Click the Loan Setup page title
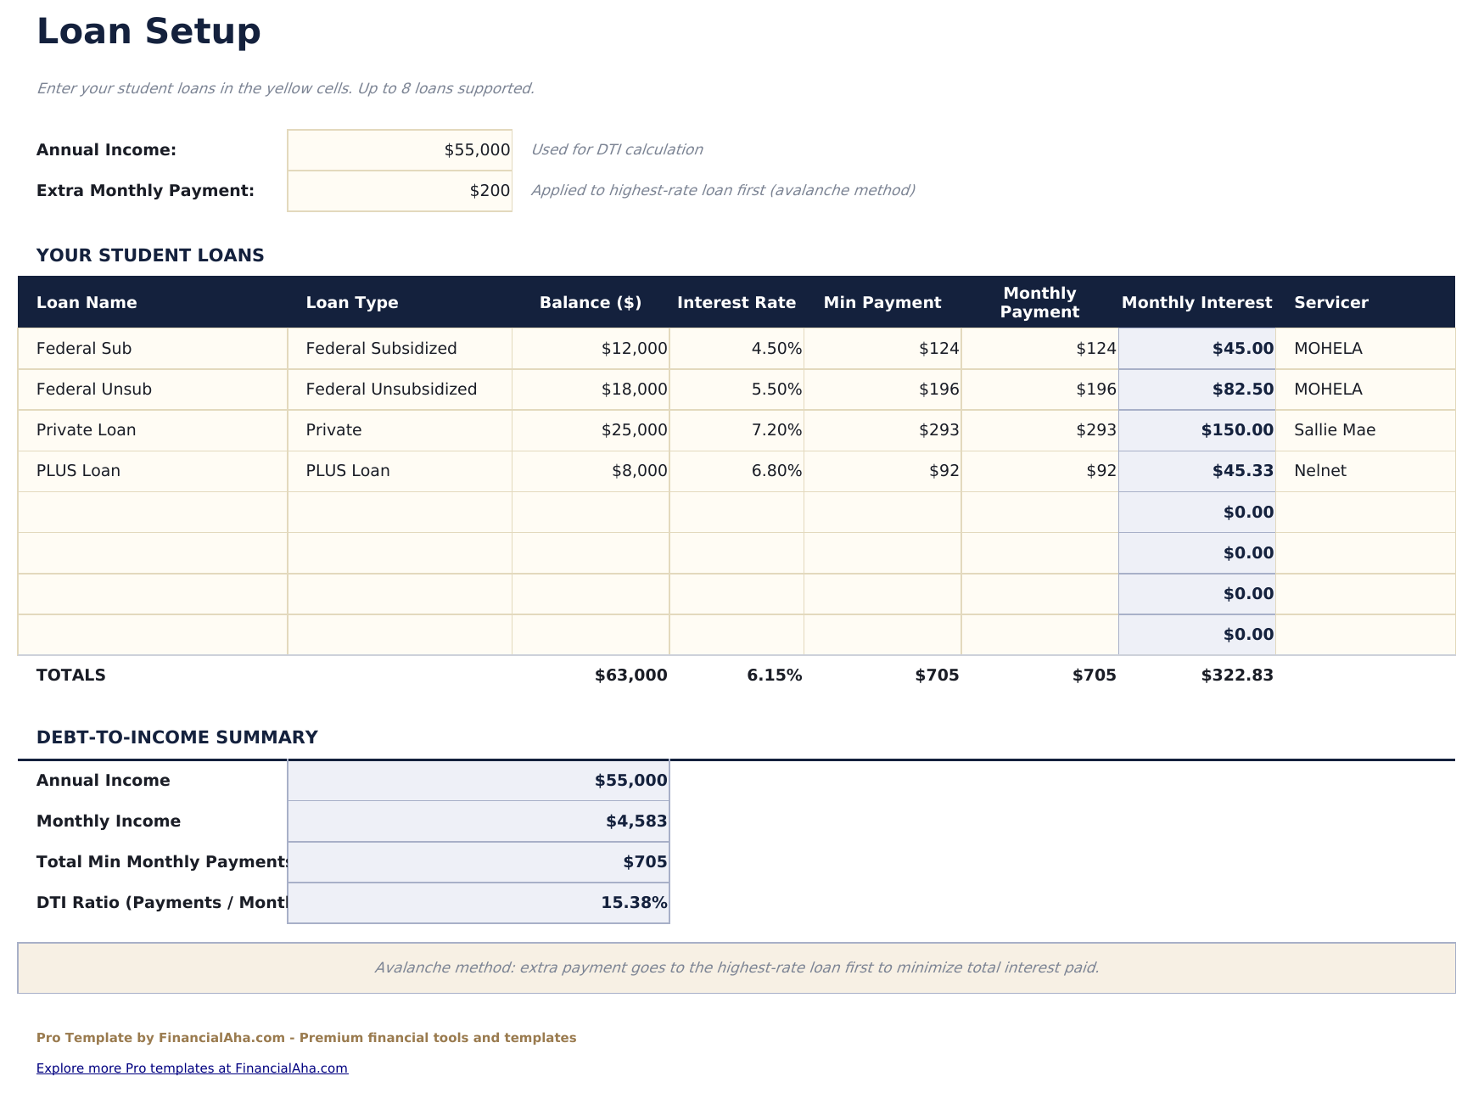(148, 32)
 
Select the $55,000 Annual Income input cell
(400, 150)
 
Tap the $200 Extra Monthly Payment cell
(400, 191)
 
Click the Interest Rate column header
(736, 303)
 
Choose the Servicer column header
(1330, 303)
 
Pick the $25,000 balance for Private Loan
(634, 430)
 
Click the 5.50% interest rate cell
(776, 390)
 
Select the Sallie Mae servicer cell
(1334, 430)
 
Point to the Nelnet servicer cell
(1319, 471)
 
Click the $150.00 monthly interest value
(1236, 430)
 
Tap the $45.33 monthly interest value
(1242, 471)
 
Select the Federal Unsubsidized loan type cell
(391, 390)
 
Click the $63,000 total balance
(630, 675)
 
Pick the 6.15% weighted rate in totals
(774, 675)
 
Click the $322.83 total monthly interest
(1236, 675)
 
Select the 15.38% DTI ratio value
(633, 903)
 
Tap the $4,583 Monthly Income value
(636, 821)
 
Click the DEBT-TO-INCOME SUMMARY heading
(176, 737)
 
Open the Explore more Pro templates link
(192, 1068)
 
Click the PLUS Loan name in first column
(78, 471)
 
